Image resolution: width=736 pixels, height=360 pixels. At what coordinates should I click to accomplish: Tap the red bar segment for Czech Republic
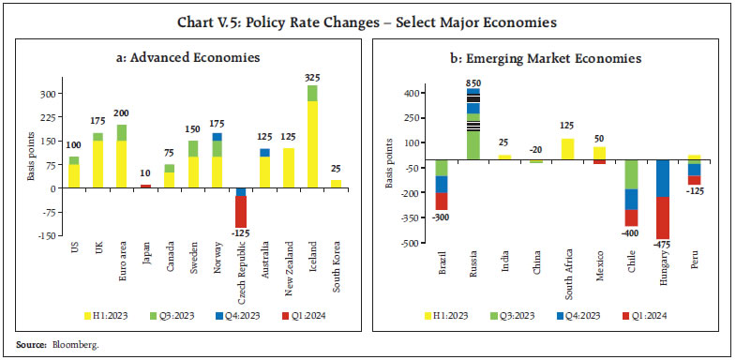(x=240, y=211)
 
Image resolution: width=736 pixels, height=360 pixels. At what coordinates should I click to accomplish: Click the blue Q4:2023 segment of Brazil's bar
(x=442, y=185)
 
